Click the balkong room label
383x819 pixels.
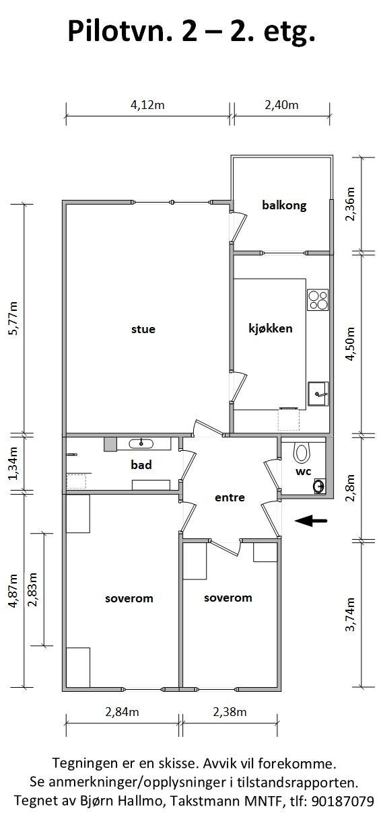[284, 205]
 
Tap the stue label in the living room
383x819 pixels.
[143, 329]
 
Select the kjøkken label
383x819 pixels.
[271, 328]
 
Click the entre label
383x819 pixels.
[230, 497]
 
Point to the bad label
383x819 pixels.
[141, 465]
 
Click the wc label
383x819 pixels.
[304, 472]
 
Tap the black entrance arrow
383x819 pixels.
[310, 521]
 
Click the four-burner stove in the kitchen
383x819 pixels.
[318, 300]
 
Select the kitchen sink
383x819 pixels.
[318, 394]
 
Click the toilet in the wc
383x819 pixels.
[302, 452]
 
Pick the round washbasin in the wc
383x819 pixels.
[318, 487]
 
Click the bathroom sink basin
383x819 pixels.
[141, 443]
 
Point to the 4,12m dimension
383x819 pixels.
[147, 105]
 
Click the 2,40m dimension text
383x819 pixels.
[281, 105]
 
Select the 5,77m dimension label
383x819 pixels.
[13, 318]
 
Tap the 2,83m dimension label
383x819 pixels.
[32, 590]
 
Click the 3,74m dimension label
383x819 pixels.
[350, 614]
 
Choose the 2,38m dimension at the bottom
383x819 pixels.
[230, 712]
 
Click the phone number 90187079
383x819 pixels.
[343, 801]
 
